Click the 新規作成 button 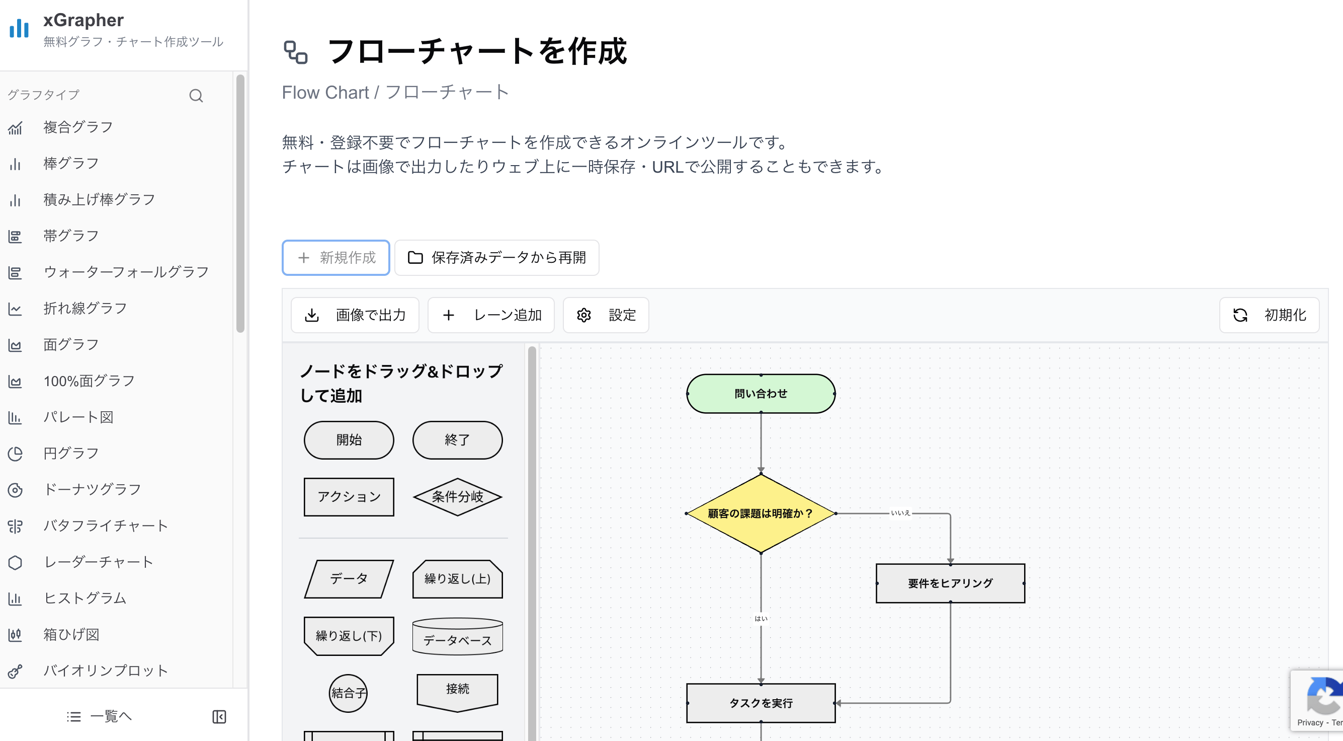[336, 258]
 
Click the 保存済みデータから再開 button [497, 258]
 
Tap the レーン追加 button [491, 315]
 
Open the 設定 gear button [606, 315]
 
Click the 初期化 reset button [1269, 315]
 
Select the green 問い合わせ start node [761, 394]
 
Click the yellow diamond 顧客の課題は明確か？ [761, 513]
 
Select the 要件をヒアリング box [950, 583]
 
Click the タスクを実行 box [761, 703]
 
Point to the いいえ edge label [900, 513]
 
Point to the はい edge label [761, 618]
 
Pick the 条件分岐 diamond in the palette [457, 497]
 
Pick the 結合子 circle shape [348, 693]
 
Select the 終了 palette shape [457, 440]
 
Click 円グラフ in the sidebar [71, 453]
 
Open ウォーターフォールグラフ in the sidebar [126, 272]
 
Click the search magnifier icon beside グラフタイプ [196, 96]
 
